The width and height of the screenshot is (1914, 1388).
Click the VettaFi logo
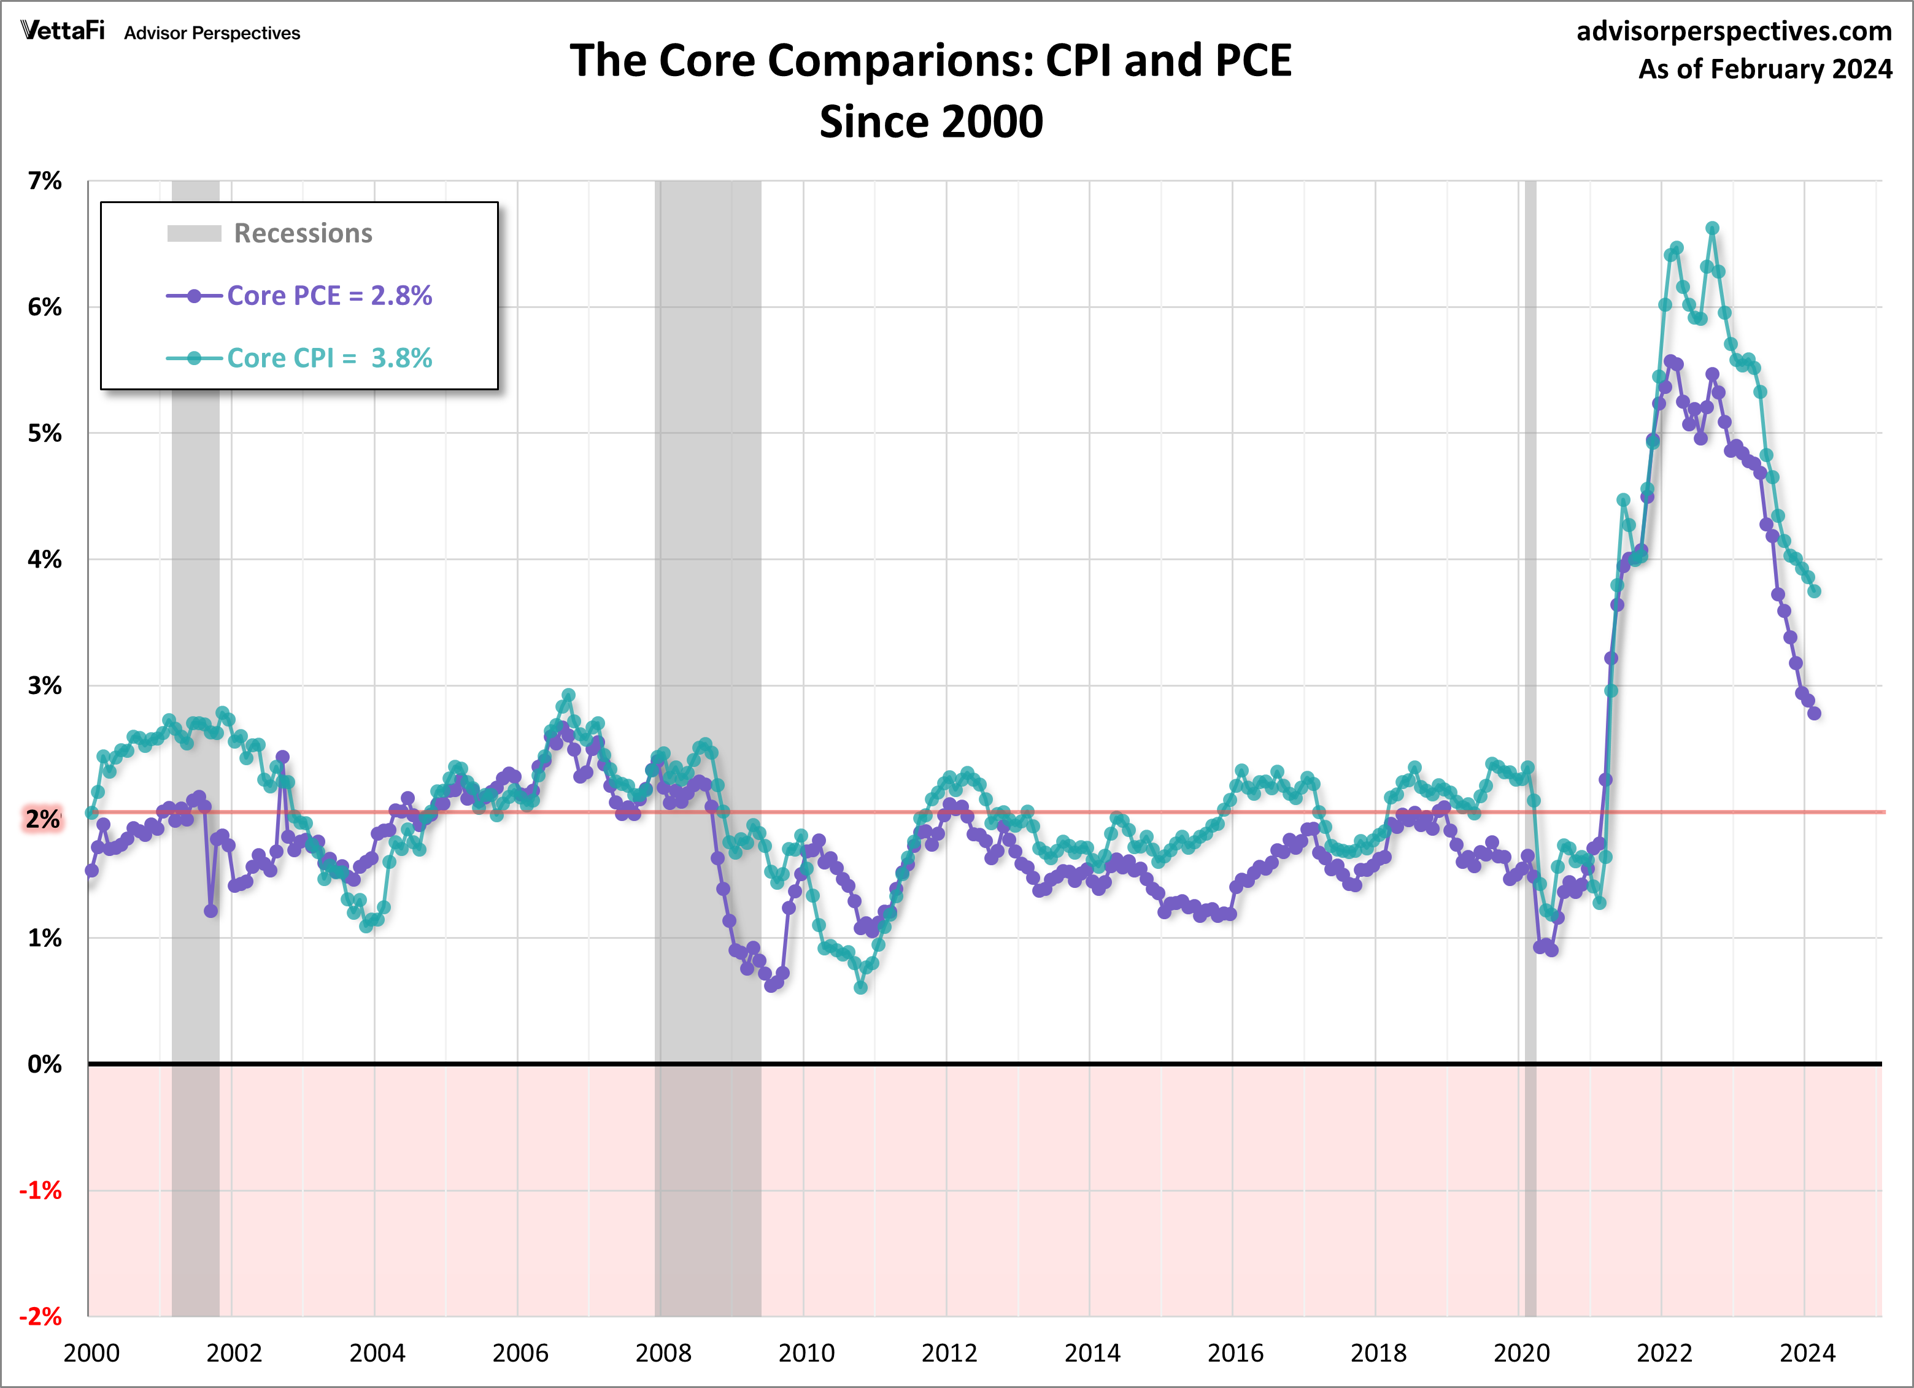63,31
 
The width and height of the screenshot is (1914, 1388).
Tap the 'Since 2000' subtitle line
931,122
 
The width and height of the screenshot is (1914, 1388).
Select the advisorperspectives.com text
1734,31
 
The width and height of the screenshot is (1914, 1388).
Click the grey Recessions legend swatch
194,234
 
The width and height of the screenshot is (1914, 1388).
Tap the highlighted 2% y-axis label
42,819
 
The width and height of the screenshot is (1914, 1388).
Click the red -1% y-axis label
41,1190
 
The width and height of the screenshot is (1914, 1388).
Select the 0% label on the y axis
45,1064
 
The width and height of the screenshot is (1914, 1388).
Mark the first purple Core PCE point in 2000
92,871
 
